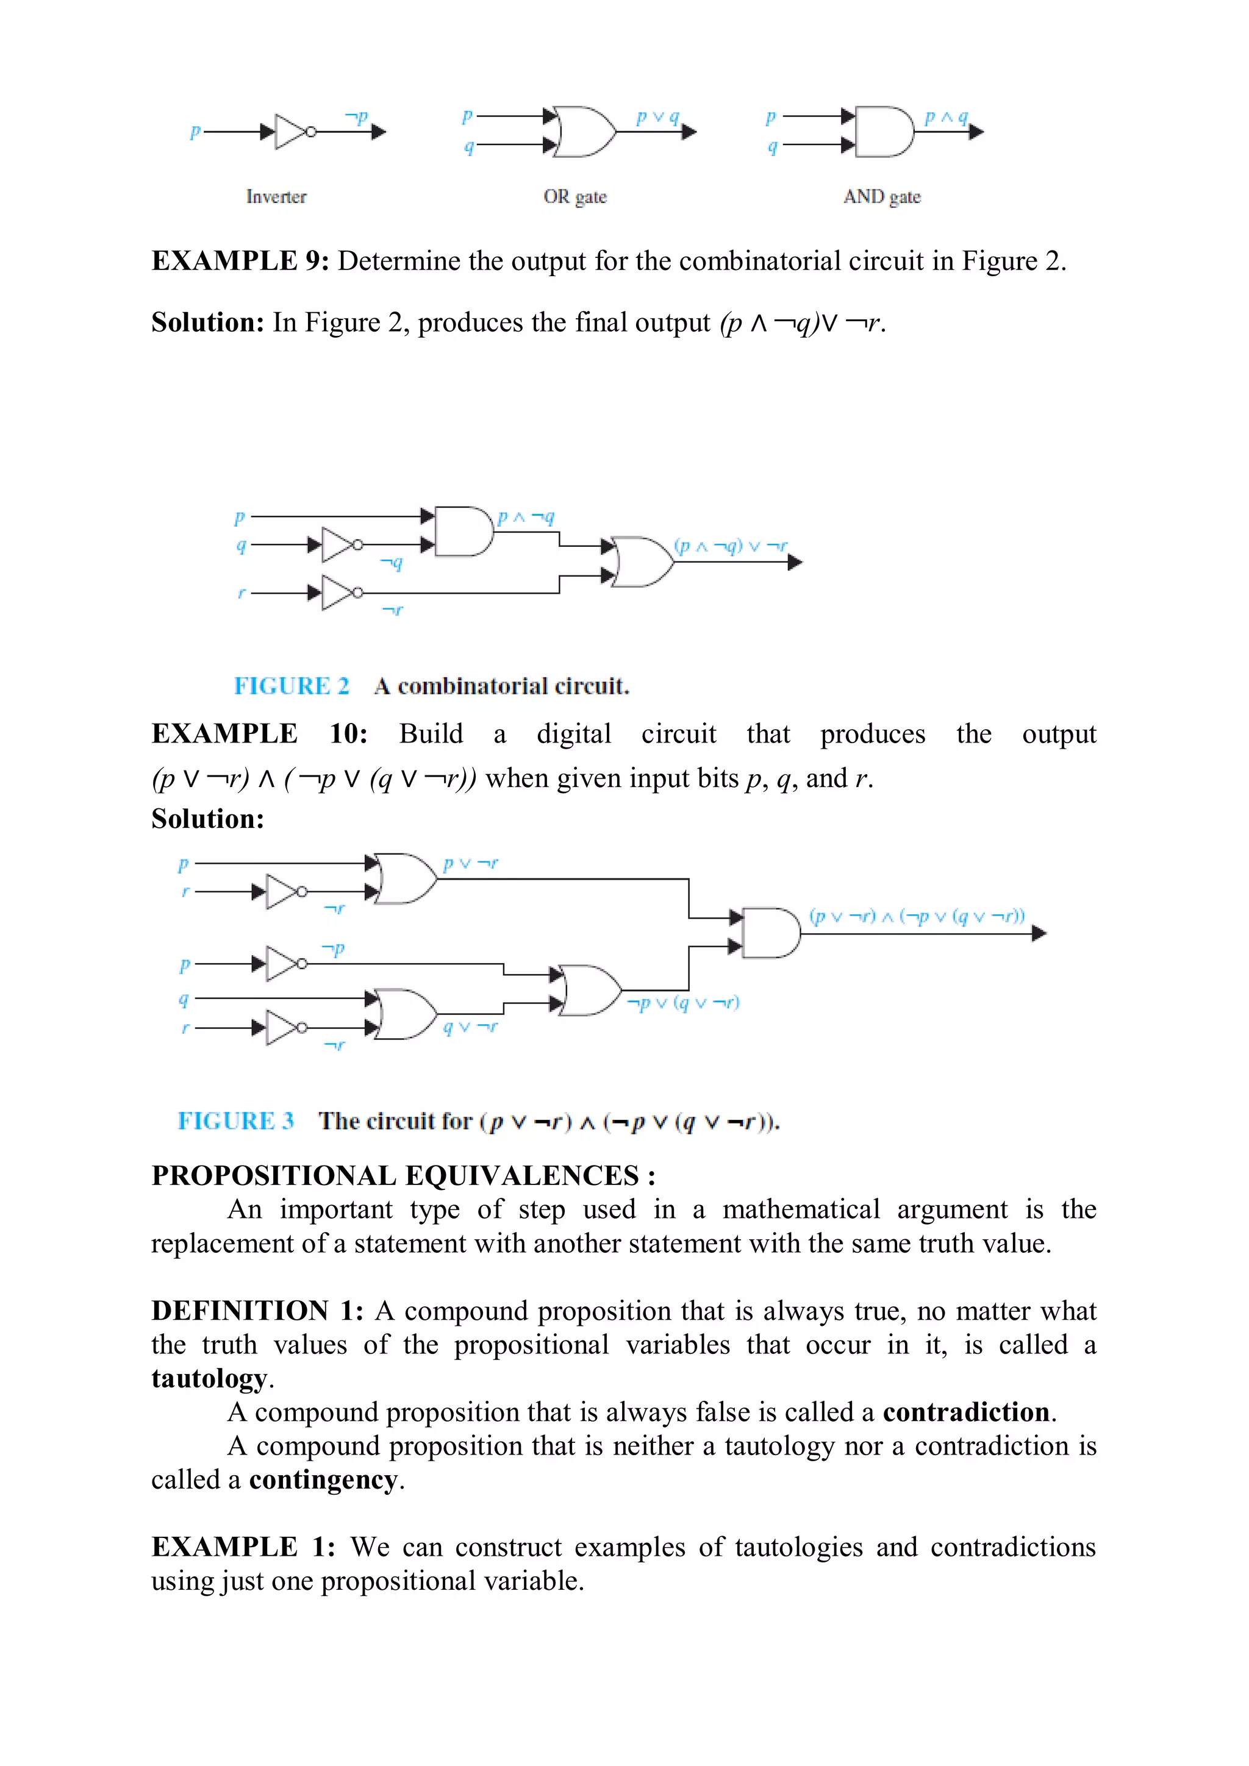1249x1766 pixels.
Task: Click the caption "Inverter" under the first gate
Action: (x=276, y=197)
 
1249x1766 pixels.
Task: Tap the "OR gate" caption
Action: (x=575, y=197)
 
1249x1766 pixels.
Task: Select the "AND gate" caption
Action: (x=881, y=197)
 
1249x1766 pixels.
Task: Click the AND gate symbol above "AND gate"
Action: (x=884, y=132)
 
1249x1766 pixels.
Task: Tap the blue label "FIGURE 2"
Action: (x=291, y=685)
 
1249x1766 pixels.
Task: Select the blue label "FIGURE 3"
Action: (x=235, y=1120)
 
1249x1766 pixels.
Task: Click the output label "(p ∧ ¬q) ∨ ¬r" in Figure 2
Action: (x=731, y=546)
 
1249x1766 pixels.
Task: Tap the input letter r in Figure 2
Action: (x=241, y=593)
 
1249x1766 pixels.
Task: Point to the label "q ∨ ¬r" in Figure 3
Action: (x=470, y=1027)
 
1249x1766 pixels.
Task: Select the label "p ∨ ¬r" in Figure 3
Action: (x=470, y=864)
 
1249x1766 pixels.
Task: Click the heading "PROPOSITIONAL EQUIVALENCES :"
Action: (x=403, y=1175)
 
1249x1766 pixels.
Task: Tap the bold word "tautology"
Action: (x=209, y=1378)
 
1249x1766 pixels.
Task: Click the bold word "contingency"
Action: (x=323, y=1479)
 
